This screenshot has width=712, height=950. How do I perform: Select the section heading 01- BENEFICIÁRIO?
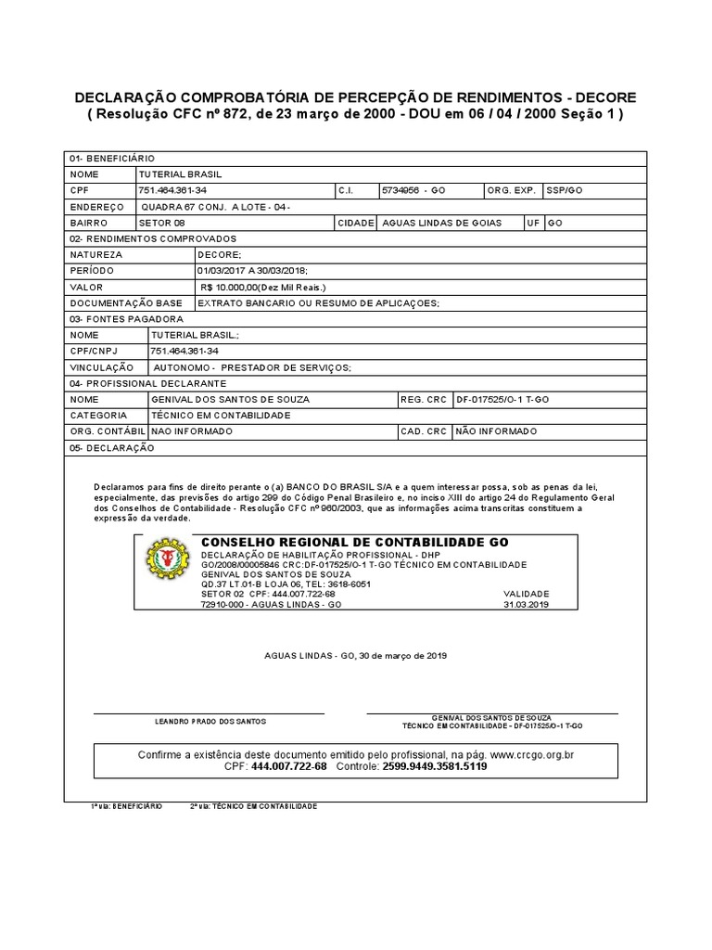click(x=112, y=159)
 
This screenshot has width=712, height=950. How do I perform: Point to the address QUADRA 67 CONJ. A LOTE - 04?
click(x=214, y=207)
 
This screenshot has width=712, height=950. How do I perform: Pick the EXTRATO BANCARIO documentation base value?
click(x=318, y=303)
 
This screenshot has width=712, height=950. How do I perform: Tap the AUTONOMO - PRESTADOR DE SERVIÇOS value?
click(x=252, y=367)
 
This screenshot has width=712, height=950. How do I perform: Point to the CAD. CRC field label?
click(x=424, y=431)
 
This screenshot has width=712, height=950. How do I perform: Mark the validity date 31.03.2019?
click(x=527, y=604)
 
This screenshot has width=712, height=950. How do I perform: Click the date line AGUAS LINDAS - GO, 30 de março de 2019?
click(x=356, y=655)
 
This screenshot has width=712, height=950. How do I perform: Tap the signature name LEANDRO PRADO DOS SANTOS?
click(x=210, y=721)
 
